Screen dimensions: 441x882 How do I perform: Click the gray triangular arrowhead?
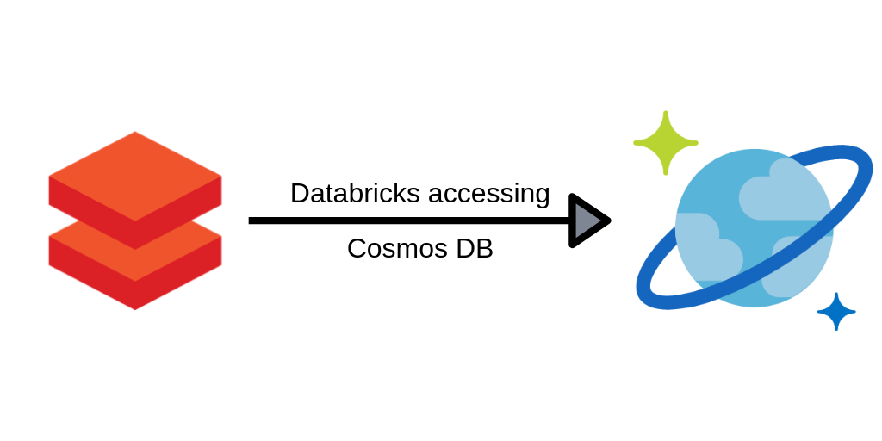pos(587,221)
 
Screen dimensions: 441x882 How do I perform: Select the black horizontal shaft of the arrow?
pos(405,221)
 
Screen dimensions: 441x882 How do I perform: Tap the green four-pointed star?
pos(665,143)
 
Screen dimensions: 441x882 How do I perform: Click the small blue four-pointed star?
pos(835,312)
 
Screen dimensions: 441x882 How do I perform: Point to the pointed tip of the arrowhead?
pos(609,221)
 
